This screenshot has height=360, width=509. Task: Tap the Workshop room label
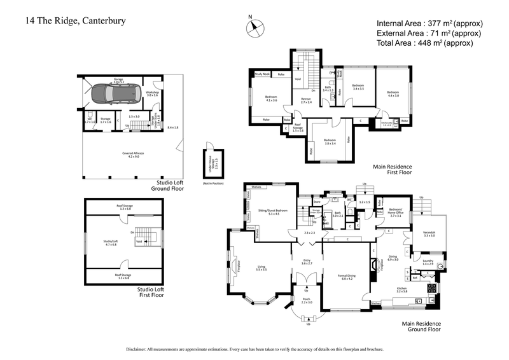[x=151, y=93]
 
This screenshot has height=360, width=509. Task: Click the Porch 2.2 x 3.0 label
[x=307, y=301]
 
